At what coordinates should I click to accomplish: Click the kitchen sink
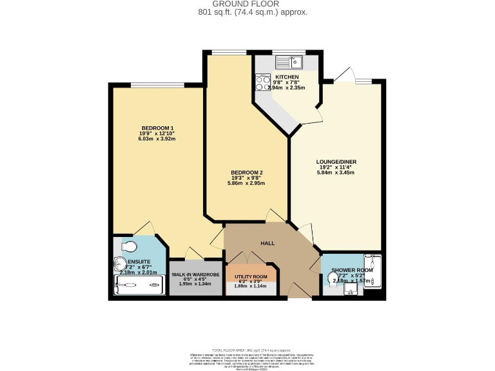click(289, 62)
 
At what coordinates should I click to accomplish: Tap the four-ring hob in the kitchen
click(263, 82)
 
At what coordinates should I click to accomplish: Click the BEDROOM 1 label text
click(157, 128)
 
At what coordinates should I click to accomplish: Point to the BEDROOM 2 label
click(247, 173)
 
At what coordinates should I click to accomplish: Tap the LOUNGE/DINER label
click(336, 162)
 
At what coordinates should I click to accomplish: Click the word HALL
click(267, 243)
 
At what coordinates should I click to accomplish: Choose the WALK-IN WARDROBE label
click(195, 274)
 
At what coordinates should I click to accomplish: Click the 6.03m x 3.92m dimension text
click(157, 138)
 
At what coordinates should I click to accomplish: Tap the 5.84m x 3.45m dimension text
click(336, 173)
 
